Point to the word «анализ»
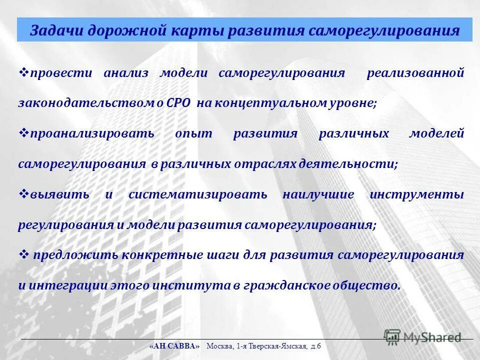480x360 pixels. (126, 73)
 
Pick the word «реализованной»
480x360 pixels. (415, 73)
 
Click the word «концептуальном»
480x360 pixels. (268, 103)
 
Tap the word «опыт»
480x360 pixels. (194, 134)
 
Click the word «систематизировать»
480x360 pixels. (198, 195)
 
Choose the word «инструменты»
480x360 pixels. (417, 195)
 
